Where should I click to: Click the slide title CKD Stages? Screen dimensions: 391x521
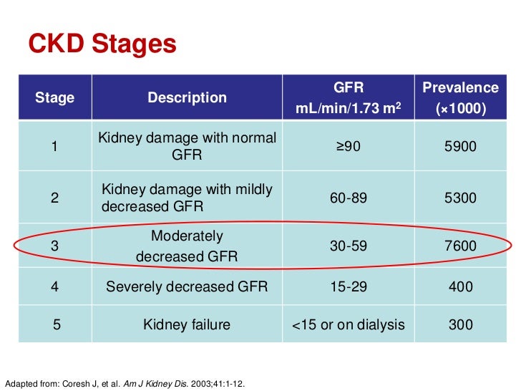(102, 44)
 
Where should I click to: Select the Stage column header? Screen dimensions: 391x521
(55, 97)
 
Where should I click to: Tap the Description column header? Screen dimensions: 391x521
(187, 97)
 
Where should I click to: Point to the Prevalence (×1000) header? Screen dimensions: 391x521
(460, 98)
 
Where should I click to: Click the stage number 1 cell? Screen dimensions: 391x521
(55, 147)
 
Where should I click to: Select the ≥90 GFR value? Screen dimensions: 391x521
(349, 147)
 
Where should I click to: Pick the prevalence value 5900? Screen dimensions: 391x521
(460, 147)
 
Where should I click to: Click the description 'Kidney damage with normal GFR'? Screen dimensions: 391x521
(187, 146)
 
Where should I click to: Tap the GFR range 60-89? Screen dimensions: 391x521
(349, 198)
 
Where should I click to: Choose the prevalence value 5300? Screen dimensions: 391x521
(460, 198)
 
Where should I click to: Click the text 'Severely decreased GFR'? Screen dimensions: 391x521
(187, 286)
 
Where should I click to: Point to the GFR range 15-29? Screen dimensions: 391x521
(349, 286)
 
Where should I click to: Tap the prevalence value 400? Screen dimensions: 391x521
(460, 286)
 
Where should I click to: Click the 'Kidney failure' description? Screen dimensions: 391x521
(187, 324)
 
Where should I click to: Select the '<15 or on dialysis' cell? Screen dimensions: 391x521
(349, 324)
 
